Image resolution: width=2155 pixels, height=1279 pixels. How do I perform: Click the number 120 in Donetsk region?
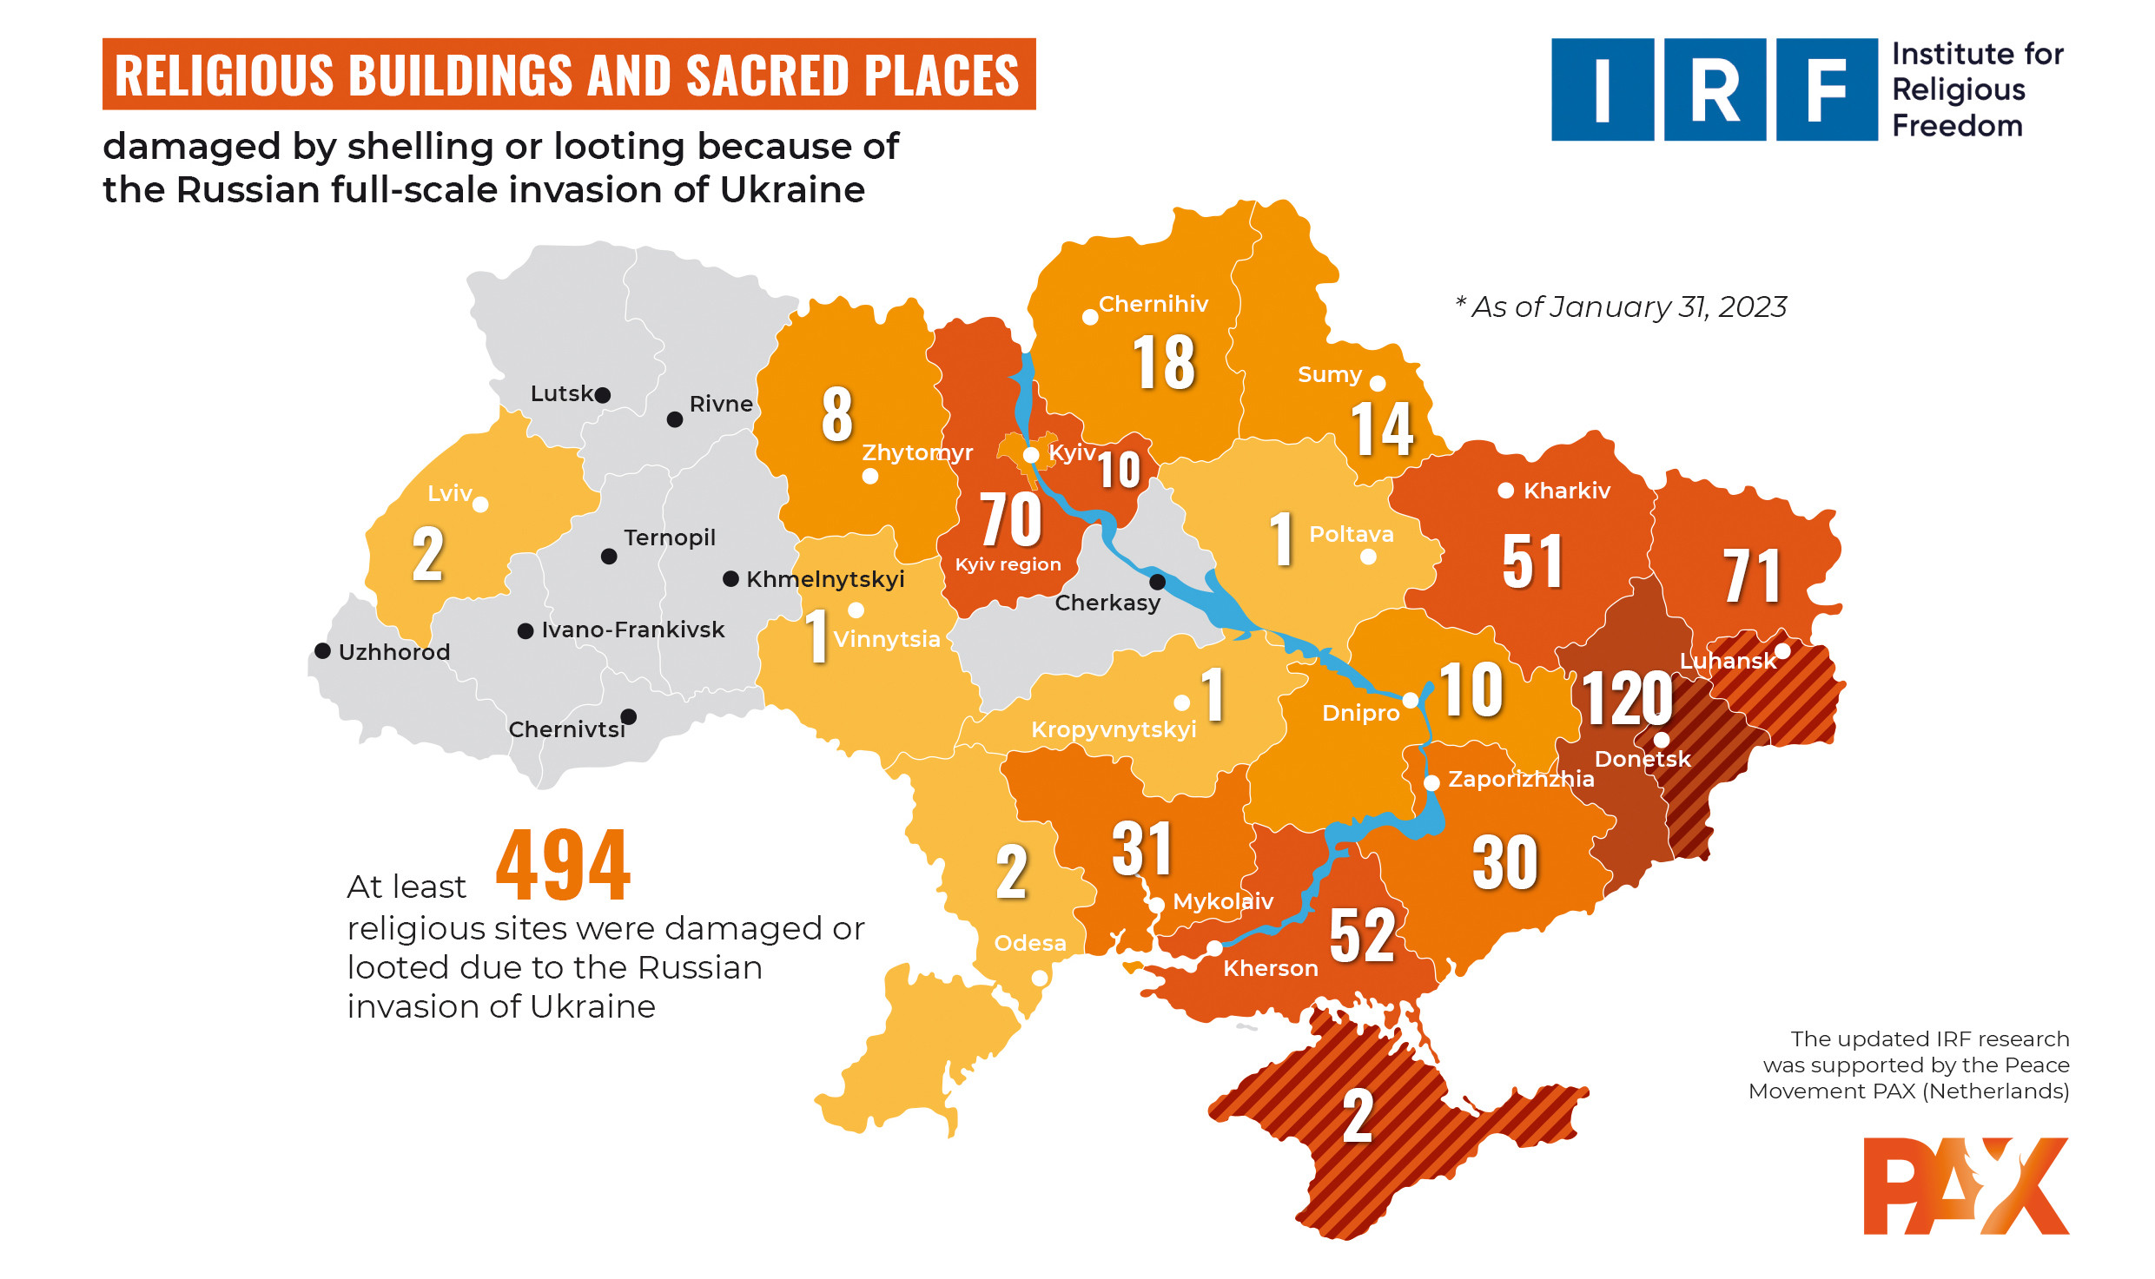pos(1627,699)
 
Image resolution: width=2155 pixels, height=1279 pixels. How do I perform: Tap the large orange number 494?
pos(563,866)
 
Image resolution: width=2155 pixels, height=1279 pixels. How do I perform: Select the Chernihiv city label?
pos(1153,304)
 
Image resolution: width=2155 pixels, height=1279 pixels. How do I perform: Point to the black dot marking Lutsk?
pos(603,395)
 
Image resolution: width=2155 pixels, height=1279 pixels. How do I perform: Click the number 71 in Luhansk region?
pos(1752,576)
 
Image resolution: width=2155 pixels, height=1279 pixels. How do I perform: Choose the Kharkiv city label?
pos(1566,491)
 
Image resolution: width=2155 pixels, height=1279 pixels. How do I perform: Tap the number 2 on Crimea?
pos(1358,1117)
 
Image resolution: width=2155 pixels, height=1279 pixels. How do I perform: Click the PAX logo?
pos(1966,1186)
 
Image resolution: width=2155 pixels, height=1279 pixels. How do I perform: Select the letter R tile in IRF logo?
pos(1715,89)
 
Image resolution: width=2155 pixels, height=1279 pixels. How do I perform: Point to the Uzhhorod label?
pos(393,652)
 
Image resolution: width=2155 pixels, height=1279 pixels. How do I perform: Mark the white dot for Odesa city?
pos(1039,979)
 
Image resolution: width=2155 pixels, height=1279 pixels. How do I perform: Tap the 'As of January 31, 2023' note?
pos(1621,307)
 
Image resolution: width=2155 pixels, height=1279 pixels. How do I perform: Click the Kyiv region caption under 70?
pos(1008,564)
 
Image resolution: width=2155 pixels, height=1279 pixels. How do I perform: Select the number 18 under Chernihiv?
pos(1164,363)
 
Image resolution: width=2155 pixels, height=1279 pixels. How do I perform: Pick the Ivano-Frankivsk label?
pos(632,630)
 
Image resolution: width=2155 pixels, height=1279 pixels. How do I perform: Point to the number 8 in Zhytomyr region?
pos(836,414)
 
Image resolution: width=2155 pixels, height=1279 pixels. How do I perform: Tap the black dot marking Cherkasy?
pos(1157,582)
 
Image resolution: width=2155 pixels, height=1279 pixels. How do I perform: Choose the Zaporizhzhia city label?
pos(1520,779)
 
